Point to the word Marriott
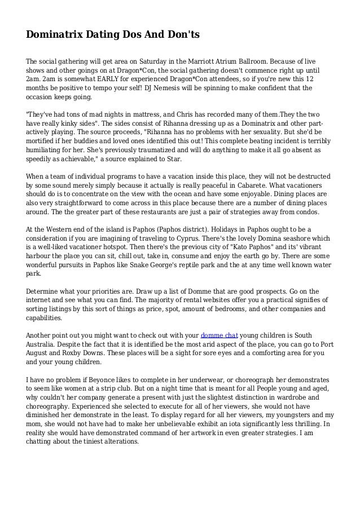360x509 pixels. [205, 61]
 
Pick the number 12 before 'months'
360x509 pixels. [311, 79]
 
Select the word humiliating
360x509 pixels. [48, 151]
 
